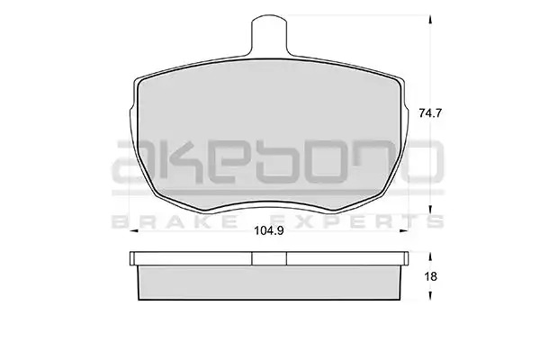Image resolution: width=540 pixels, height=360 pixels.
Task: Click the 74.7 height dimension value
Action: (430, 113)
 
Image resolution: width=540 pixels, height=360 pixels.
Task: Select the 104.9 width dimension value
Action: (269, 230)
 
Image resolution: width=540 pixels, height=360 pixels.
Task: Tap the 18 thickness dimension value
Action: (430, 276)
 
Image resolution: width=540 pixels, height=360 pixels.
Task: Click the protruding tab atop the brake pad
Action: (269, 36)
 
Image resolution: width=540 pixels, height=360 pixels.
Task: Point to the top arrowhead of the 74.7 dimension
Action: (430, 20)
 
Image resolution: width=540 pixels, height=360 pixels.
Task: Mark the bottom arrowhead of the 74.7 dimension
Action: (430, 210)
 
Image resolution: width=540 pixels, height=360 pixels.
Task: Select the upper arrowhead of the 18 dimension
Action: (430, 257)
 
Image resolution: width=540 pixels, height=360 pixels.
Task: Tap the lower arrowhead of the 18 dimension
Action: (430, 295)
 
